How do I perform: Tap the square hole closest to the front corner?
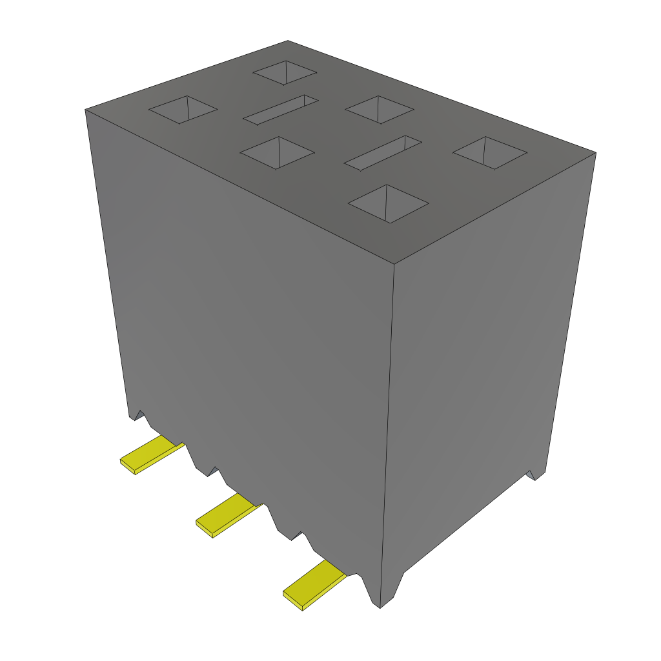[389, 204]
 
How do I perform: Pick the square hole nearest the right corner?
[491, 153]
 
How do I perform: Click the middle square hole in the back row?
[380, 110]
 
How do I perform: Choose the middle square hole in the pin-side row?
[277, 153]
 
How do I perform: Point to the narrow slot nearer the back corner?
[281, 110]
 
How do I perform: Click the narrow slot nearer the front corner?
[383, 153]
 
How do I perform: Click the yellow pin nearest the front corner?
[314, 584]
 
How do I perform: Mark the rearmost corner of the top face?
[288, 41]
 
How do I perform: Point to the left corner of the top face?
[85, 110]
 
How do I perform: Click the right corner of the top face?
[595, 153]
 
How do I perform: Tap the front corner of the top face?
[394, 263]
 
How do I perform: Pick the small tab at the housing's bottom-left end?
[136, 416]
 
